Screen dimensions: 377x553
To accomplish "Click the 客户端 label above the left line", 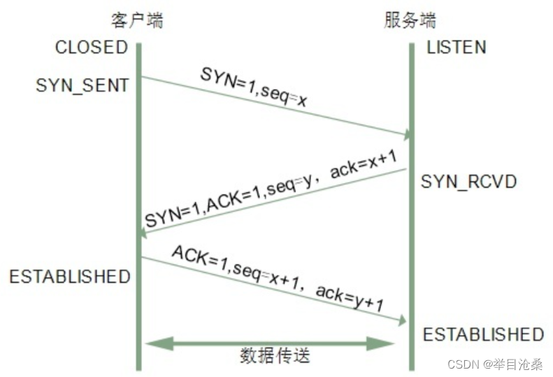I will coord(137,20).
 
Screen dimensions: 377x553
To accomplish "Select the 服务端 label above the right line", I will coord(410,20).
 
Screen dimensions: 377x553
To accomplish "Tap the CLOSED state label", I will coord(91,48).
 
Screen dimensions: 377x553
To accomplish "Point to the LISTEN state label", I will coord(457,48).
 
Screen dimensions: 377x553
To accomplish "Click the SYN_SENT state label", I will coord(82,85).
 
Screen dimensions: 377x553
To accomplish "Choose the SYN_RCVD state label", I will coord(468,183).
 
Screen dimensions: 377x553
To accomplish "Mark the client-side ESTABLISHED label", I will coord(70,276).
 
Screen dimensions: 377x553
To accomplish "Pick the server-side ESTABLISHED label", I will coord(483,334).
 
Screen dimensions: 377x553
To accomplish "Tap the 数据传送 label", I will coord(275,356).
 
